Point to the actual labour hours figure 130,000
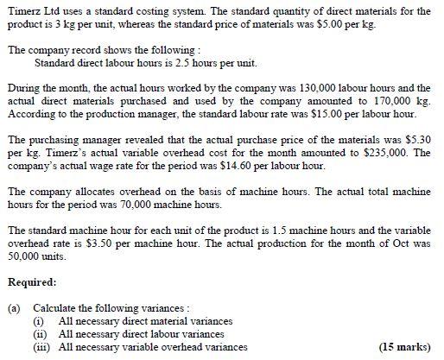[x=295, y=88]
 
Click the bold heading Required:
[x=32, y=281]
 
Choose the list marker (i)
[x=40, y=320]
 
